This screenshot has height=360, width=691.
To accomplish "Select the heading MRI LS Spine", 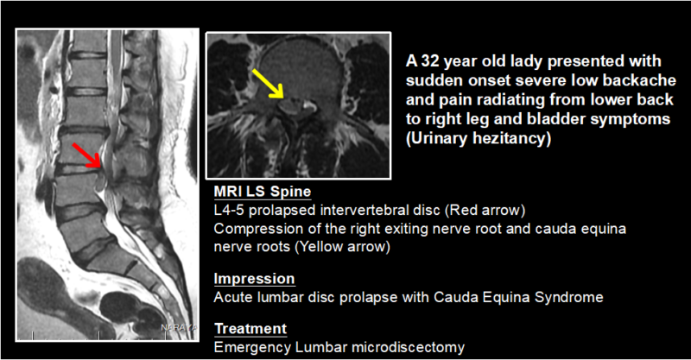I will (x=262, y=191).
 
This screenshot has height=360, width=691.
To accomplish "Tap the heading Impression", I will (x=254, y=279).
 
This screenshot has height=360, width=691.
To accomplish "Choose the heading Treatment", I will (x=250, y=329).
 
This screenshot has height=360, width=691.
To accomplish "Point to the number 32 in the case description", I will (x=430, y=61).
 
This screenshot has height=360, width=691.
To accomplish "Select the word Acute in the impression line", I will (x=231, y=297).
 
